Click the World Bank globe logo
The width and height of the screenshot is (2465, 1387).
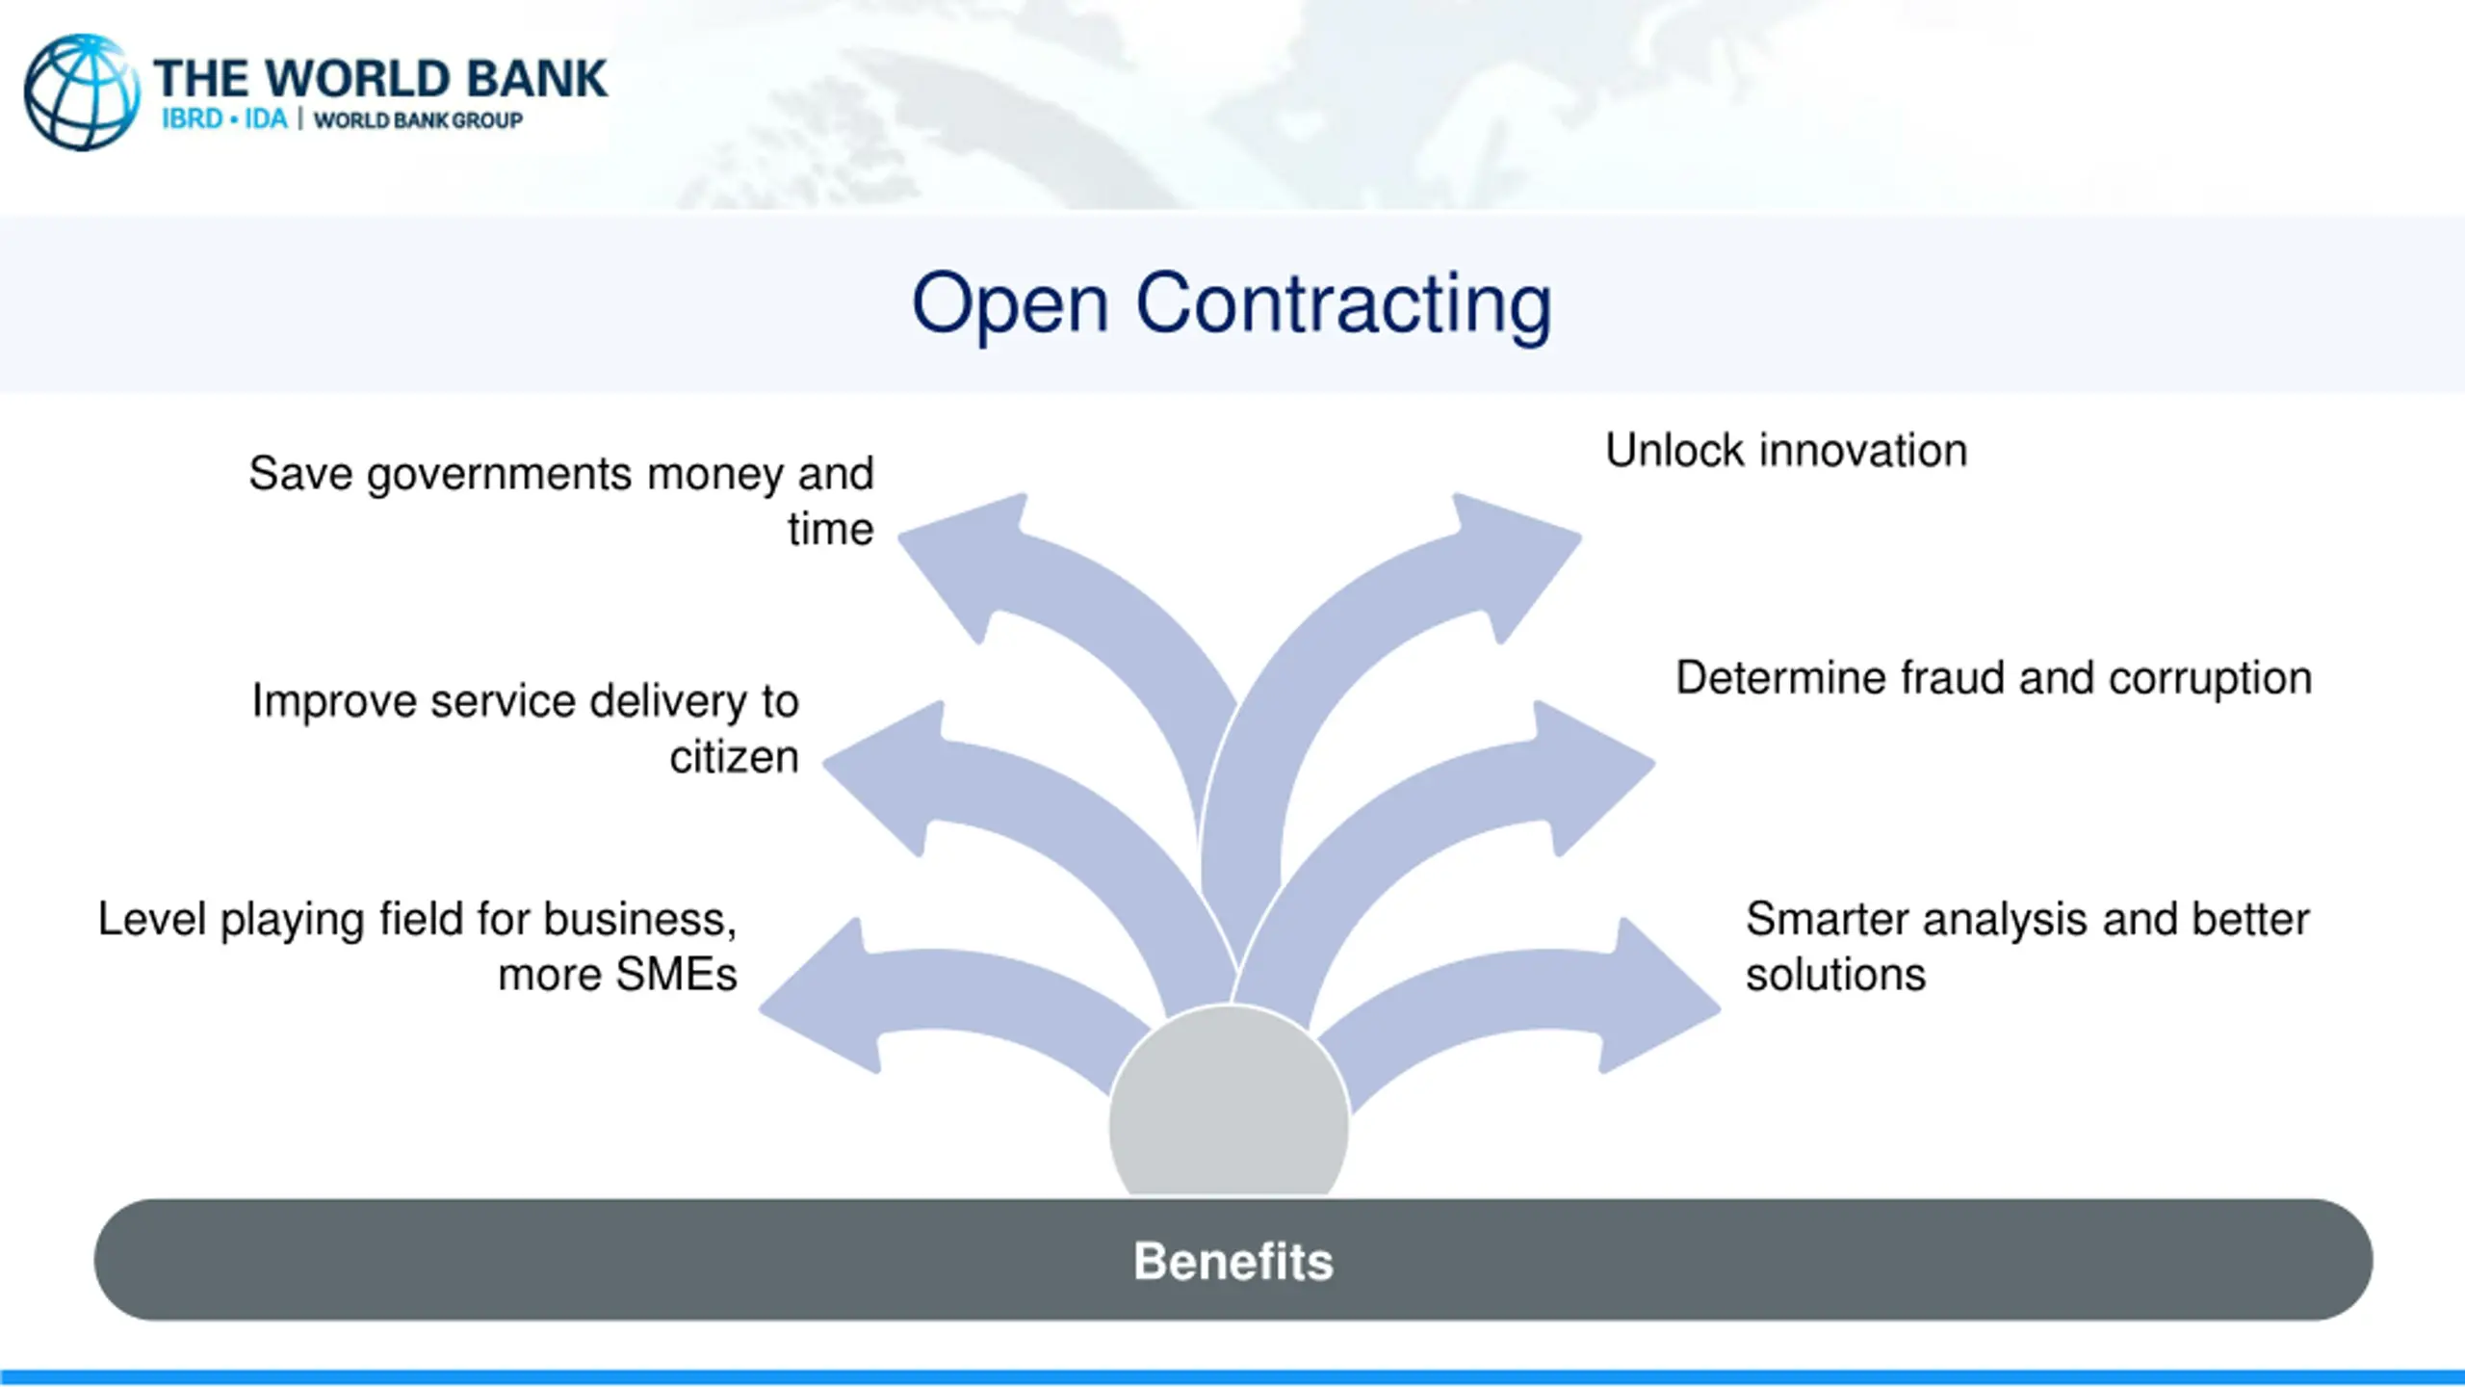pyautogui.click(x=82, y=92)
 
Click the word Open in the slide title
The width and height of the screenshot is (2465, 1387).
pyautogui.click(x=1010, y=304)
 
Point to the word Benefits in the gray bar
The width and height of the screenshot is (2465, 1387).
pyautogui.click(x=1232, y=1261)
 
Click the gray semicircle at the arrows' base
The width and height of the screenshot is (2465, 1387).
pyautogui.click(x=1229, y=1108)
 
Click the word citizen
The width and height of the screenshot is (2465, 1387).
pyautogui.click(x=734, y=757)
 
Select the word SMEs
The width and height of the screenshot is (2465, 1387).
pyautogui.click(x=676, y=975)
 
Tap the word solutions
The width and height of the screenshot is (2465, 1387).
pyautogui.click(x=1835, y=975)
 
